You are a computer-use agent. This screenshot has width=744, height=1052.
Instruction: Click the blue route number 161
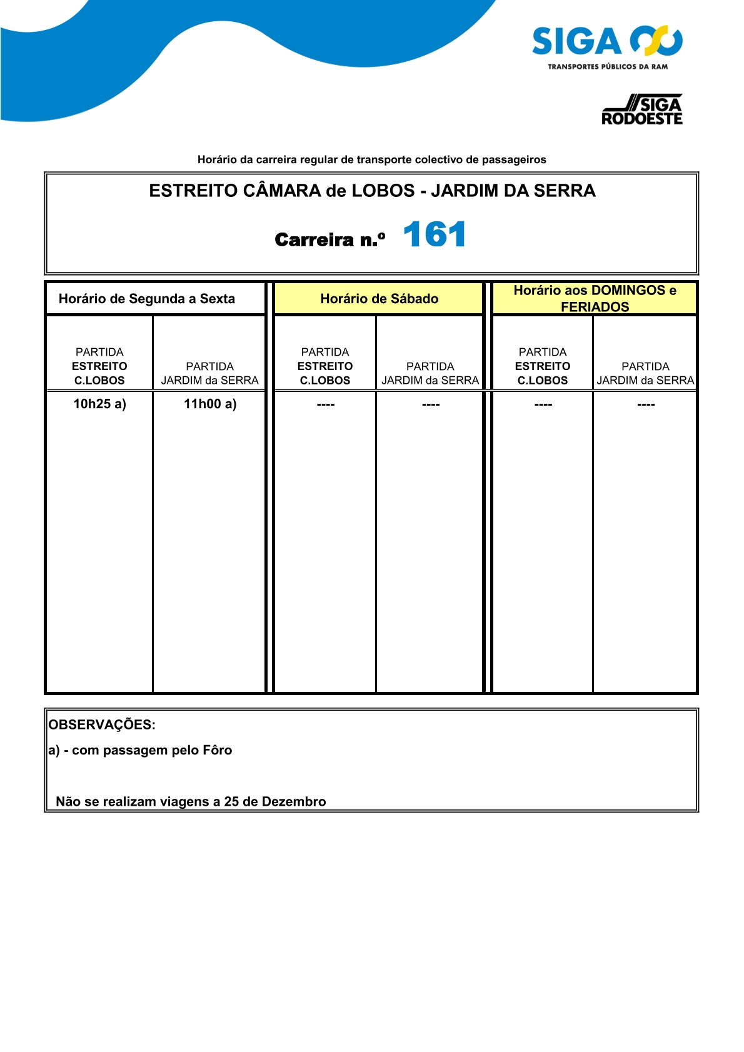click(x=435, y=235)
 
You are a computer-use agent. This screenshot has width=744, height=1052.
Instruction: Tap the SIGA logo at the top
click(x=606, y=42)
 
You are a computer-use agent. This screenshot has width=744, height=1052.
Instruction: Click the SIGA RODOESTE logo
click(x=642, y=111)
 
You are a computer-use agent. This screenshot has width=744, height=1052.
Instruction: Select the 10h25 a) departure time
click(x=99, y=404)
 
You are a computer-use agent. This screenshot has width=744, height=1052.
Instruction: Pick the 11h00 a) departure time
click(x=210, y=404)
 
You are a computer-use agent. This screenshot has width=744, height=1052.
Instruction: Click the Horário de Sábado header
click(x=379, y=299)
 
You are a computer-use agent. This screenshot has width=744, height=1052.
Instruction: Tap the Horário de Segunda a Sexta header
click(x=147, y=299)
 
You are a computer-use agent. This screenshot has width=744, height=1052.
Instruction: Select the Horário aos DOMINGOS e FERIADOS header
click(x=595, y=298)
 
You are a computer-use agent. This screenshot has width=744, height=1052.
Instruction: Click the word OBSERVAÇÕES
click(x=102, y=724)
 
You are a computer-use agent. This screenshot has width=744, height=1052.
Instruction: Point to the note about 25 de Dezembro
click(x=191, y=801)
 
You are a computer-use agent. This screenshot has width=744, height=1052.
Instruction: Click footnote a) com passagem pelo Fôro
click(x=140, y=750)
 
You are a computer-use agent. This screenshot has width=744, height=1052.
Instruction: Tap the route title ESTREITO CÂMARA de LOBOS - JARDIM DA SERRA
click(x=372, y=191)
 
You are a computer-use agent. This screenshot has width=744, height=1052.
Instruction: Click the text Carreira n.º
click(x=330, y=239)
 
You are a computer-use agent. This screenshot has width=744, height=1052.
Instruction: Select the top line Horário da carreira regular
click(x=371, y=159)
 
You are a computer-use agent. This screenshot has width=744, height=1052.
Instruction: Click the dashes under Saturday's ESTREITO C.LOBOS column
click(x=326, y=405)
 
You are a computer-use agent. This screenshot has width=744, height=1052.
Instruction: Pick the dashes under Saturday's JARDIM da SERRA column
click(x=431, y=405)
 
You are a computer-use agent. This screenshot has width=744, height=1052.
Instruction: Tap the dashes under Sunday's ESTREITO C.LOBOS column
click(x=543, y=405)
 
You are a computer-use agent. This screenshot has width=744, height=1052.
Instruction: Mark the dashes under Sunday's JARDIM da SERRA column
click(x=646, y=405)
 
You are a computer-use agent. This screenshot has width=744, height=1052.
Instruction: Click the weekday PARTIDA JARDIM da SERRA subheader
click(x=210, y=373)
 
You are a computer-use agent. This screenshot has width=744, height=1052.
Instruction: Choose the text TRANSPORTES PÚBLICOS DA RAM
click(x=608, y=67)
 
